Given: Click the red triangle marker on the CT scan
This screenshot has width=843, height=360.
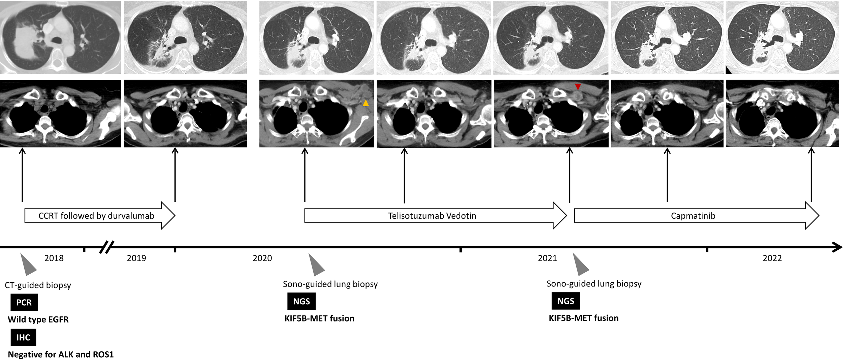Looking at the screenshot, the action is (x=578, y=87).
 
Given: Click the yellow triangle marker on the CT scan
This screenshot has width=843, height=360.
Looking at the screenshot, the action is (x=366, y=103).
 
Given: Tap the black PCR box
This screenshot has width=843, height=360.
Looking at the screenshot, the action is (x=24, y=302).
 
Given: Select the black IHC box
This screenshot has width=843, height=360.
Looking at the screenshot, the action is (x=23, y=337).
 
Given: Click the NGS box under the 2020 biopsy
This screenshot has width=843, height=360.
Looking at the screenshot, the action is (x=301, y=301).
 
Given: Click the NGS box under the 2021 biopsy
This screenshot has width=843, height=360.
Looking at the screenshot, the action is (x=565, y=301).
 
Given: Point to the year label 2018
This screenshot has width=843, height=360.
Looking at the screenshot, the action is (x=54, y=258).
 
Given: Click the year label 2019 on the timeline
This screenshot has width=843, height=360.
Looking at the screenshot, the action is (x=136, y=258).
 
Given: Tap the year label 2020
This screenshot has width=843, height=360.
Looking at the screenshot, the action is (x=262, y=258).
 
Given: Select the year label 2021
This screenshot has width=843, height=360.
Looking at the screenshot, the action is (x=547, y=258).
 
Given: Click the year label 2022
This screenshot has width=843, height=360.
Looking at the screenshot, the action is (x=772, y=258).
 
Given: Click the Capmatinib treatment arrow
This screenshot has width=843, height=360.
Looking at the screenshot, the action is (x=693, y=216).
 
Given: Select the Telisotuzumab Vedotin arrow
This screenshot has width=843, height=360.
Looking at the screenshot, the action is (x=432, y=216).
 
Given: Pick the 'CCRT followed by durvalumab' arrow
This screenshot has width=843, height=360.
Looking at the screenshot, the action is (x=96, y=216).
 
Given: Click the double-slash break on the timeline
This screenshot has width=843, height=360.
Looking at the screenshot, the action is (x=107, y=247).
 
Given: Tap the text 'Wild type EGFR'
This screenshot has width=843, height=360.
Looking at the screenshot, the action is (x=38, y=320).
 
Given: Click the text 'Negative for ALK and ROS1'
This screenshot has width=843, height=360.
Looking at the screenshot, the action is (x=61, y=355).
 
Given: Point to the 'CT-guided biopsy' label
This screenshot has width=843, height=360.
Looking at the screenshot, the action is (x=38, y=285).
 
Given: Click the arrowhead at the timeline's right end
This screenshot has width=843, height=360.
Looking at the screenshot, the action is (x=837, y=247).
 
